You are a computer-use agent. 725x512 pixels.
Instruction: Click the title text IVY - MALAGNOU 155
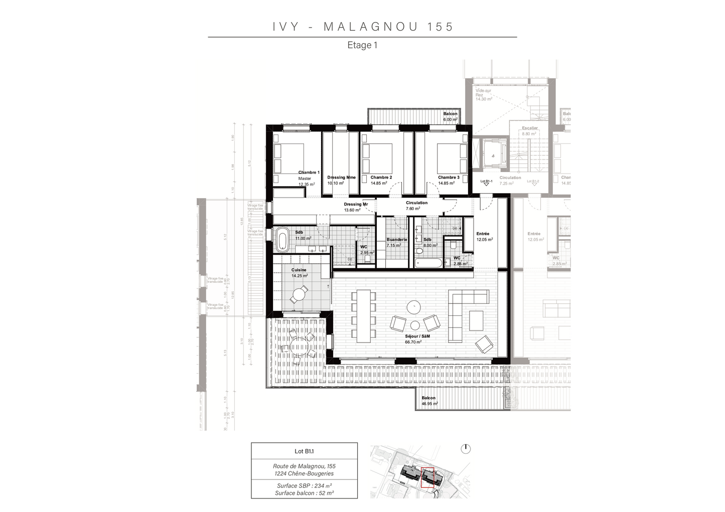click(363, 27)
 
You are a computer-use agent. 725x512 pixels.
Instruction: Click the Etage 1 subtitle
click(362, 45)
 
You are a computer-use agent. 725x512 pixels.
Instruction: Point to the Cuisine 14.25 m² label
click(299, 273)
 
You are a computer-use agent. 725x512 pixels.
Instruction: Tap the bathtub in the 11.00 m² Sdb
click(283, 239)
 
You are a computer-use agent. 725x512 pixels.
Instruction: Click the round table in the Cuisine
click(300, 294)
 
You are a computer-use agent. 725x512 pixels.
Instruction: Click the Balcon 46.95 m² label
click(429, 401)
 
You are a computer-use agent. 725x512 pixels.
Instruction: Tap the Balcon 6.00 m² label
click(450, 117)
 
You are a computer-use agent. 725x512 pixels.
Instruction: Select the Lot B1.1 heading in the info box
click(304, 451)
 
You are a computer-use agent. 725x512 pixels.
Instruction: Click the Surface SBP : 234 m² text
click(304, 485)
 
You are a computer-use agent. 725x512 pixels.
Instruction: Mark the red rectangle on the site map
click(427, 477)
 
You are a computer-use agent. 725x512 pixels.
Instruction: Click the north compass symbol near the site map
click(466, 448)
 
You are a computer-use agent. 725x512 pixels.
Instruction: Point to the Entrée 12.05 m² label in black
click(484, 237)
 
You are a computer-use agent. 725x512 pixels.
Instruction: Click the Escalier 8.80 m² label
click(529, 131)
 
